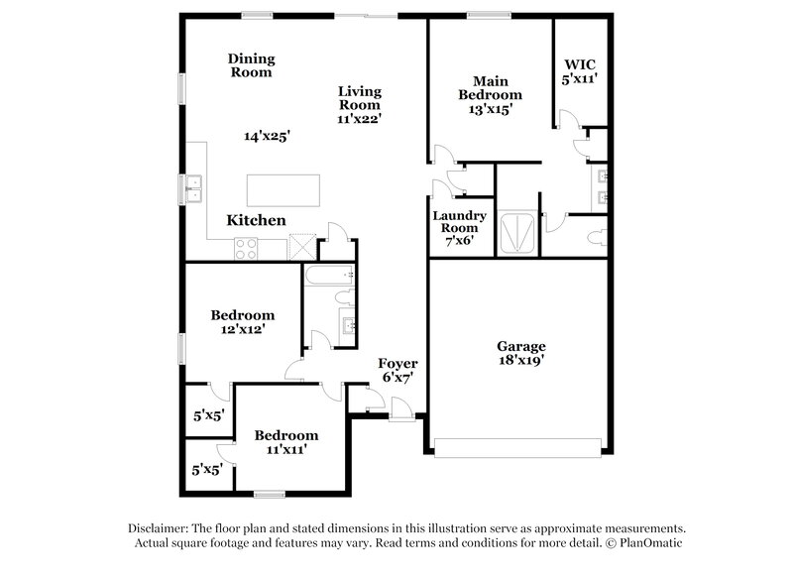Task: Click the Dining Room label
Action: pyautogui.click(x=252, y=65)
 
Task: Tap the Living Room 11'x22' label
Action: pyautogui.click(x=360, y=104)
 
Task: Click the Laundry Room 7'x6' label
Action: pyautogui.click(x=459, y=227)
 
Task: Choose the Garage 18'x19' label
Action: pyautogui.click(x=521, y=354)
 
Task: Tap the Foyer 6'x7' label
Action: pyautogui.click(x=396, y=370)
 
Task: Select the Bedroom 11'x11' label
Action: pyautogui.click(x=286, y=442)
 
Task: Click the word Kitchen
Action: pyautogui.click(x=256, y=220)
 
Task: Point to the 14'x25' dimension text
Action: pyautogui.click(x=267, y=136)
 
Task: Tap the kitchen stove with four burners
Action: pyautogui.click(x=245, y=250)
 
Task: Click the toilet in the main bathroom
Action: pyautogui.click(x=597, y=238)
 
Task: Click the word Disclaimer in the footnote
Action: pyautogui.click(x=159, y=528)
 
